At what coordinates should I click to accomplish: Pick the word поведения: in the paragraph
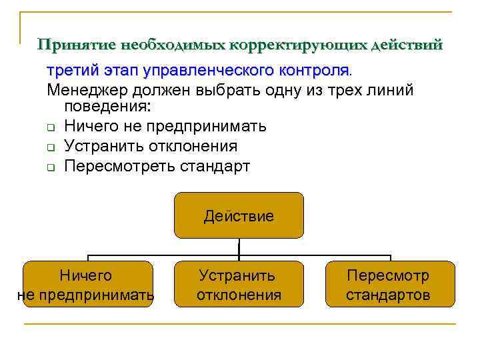(107, 107)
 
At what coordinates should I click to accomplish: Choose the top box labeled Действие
(239, 215)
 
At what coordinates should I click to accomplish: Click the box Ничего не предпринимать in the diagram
(87, 285)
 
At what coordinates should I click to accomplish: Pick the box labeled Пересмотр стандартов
(389, 285)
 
